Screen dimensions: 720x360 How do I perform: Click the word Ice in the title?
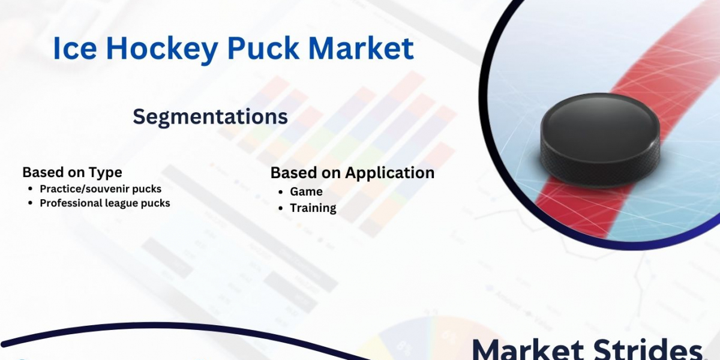pos(75,48)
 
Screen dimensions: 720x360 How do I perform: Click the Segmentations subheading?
pos(210,117)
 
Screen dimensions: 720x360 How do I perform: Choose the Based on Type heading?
pos(73,173)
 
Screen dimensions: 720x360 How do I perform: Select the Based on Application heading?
pos(352,173)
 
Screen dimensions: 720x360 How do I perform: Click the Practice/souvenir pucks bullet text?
pos(101,189)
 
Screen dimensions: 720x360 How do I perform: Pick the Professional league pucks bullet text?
pos(105,203)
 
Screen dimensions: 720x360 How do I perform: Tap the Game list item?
pos(306,191)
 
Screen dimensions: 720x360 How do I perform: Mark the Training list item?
pos(313,208)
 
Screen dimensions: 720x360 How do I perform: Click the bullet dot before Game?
pos(281,192)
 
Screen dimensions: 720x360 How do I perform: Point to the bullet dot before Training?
pos(281,208)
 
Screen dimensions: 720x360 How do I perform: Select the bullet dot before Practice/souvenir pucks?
pos(31,188)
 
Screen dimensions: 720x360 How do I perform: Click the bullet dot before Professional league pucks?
pos(31,203)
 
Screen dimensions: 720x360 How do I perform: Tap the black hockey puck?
pos(600,140)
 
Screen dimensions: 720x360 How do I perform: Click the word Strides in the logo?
pos(647,350)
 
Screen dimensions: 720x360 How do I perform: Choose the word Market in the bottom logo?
pos(528,350)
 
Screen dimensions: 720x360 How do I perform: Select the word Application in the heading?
pos(389,173)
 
